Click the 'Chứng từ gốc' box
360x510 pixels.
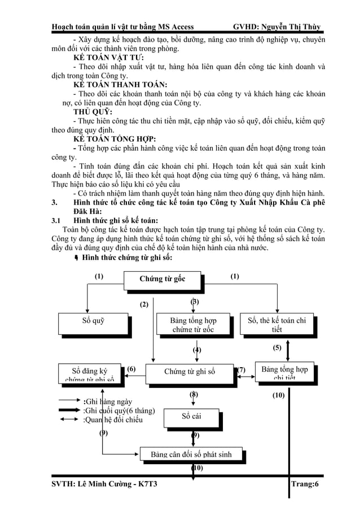click(162, 279)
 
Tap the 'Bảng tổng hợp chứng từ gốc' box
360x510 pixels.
click(193, 324)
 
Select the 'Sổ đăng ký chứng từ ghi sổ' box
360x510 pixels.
click(89, 373)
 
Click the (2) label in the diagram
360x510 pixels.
click(144, 305)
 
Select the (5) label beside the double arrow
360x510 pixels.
click(277, 348)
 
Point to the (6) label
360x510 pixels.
click(130, 369)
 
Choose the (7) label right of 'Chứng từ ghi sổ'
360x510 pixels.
click(241, 370)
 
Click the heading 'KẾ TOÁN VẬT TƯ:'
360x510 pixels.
click(108, 58)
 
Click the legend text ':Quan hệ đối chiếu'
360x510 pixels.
click(113, 420)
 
